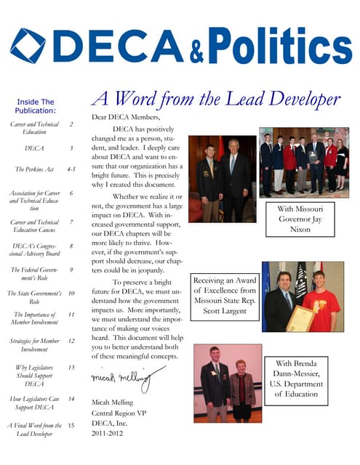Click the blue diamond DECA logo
[x=28, y=46]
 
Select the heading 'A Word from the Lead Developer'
[x=215, y=99]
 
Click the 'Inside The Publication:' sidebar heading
[x=36, y=106]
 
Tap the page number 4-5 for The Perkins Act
[x=71, y=169]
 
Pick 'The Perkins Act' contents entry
[x=36, y=169]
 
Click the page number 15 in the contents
[x=71, y=425]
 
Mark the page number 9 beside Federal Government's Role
[x=71, y=270]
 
